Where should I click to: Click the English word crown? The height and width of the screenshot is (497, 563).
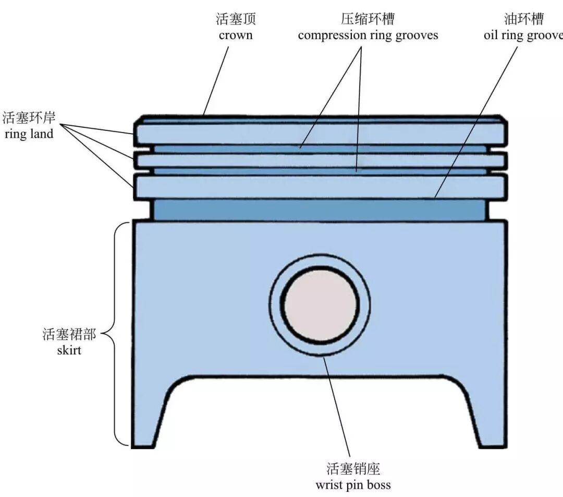tap(236, 35)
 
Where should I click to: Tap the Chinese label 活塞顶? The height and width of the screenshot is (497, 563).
tap(236, 20)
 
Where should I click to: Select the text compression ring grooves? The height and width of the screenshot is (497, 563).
tap(368, 35)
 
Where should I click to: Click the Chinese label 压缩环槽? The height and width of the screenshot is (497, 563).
tap(368, 20)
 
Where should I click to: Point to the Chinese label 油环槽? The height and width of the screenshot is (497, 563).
tap(524, 20)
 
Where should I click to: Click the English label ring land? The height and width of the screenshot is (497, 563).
tap(29, 134)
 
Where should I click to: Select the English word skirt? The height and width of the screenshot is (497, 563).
tap(69, 350)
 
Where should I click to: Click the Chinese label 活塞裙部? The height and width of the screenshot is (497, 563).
tap(69, 334)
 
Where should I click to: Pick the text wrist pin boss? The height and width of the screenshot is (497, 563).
tap(353, 485)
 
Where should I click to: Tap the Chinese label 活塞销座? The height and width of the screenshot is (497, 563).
tap(353, 468)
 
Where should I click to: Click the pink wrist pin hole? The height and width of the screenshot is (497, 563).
tap(320, 305)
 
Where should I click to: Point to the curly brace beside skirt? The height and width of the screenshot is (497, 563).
tap(116, 334)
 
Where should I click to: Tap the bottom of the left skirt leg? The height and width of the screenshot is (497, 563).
tap(143, 444)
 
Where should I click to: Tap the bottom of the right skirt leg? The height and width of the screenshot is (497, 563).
tap(493, 444)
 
